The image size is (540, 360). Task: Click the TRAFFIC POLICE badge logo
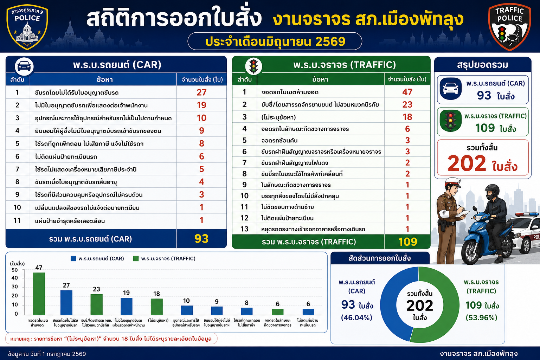[510, 27]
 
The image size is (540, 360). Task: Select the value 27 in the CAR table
[201, 92]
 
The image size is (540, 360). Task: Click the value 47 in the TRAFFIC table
[407, 92]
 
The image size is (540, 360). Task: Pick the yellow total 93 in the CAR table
[201, 239]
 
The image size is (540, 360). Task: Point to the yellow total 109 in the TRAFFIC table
[407, 242]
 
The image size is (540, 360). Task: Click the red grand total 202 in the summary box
[467, 163]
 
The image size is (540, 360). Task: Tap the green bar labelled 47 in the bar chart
[39, 294]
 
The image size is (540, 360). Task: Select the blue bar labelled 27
[66, 303]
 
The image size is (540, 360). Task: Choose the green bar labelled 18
[157, 307]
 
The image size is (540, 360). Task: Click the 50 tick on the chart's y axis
[15, 270]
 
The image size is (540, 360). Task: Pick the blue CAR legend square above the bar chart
[73, 258]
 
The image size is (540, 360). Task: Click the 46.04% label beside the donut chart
[356, 317]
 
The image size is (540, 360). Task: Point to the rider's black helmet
[492, 192]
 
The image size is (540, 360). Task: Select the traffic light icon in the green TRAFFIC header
[253, 66]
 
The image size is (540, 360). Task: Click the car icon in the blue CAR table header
[24, 66]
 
